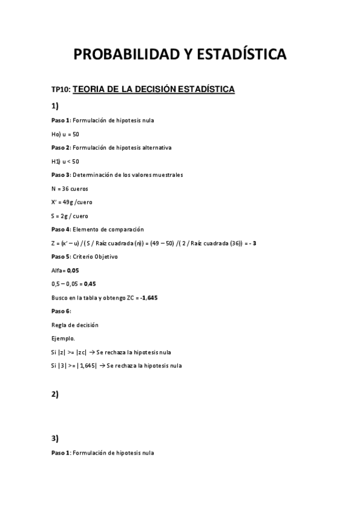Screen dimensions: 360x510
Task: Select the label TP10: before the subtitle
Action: pyautogui.click(x=61, y=90)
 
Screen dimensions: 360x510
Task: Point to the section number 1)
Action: pyautogui.click(x=55, y=106)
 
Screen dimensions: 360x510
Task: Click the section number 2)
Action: pyautogui.click(x=55, y=394)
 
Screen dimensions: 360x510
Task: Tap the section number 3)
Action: pyautogui.click(x=55, y=438)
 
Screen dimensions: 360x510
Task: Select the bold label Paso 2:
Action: pyautogui.click(x=61, y=147)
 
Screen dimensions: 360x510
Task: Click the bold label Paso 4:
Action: pyautogui.click(x=61, y=229)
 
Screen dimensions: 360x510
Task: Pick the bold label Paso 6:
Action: pyautogui.click(x=61, y=311)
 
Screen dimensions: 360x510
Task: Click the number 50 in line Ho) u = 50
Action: pyautogui.click(x=76, y=134)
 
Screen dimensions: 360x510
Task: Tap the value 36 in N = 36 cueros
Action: pyautogui.click(x=66, y=188)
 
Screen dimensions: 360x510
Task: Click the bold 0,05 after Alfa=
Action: pyautogui.click(x=72, y=270)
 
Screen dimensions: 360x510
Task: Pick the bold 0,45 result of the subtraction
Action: pyautogui.click(x=90, y=284)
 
